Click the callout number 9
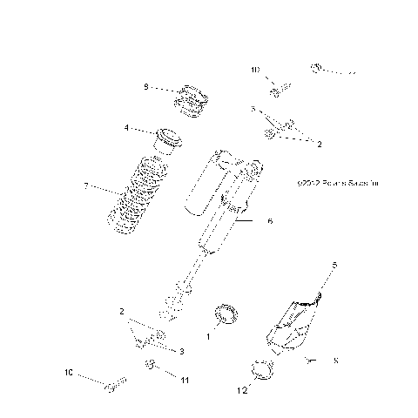click(146, 87)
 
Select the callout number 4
click(127, 128)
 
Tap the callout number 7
click(84, 187)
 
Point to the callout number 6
click(270, 222)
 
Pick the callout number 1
click(207, 335)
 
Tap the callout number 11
click(185, 381)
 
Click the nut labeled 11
click(150, 364)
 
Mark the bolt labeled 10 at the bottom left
click(115, 385)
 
